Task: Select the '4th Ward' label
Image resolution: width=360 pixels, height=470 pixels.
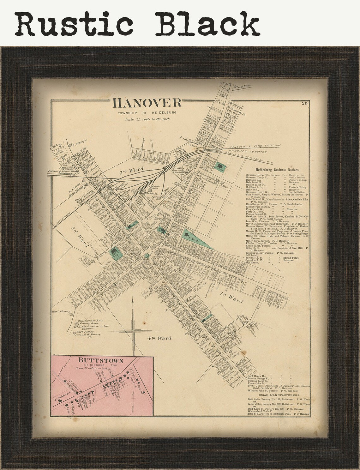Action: pos(159,338)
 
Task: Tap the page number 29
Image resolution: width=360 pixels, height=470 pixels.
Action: pos(304,103)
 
